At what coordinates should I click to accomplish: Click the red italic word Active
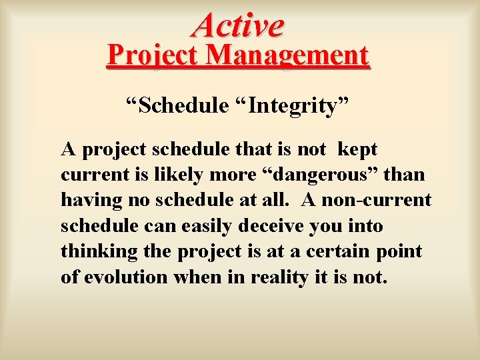tap(239, 25)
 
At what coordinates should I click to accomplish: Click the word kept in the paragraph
tap(358, 149)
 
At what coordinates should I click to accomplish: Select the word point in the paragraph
tap(401, 252)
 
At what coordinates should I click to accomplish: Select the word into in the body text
tap(363, 226)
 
